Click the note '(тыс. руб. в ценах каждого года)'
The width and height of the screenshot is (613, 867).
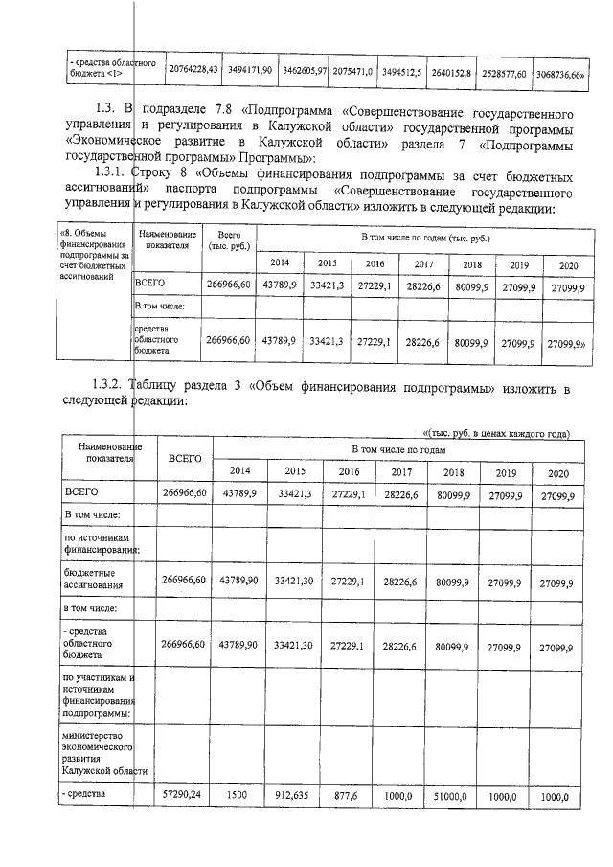pyautogui.click(x=496, y=433)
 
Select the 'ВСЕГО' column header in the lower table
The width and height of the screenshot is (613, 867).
pyautogui.click(x=185, y=458)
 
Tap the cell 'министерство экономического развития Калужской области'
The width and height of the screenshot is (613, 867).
pyautogui.click(x=102, y=754)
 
